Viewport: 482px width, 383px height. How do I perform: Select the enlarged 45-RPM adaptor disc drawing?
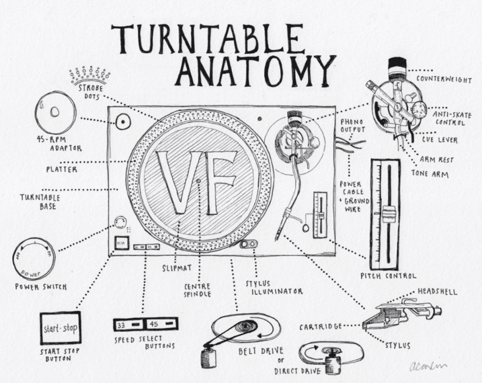(x=55, y=112)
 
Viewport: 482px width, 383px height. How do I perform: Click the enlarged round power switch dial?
(x=34, y=259)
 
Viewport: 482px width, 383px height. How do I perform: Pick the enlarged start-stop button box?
(x=60, y=328)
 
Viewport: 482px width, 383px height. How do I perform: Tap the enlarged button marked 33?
(x=128, y=325)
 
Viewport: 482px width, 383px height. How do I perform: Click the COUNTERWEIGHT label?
(x=443, y=80)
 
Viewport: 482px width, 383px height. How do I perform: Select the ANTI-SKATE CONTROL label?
(x=450, y=117)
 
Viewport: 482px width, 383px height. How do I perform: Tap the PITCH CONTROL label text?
(x=388, y=275)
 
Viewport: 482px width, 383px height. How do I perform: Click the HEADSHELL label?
(x=437, y=292)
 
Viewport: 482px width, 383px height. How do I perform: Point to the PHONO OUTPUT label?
(x=352, y=125)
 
